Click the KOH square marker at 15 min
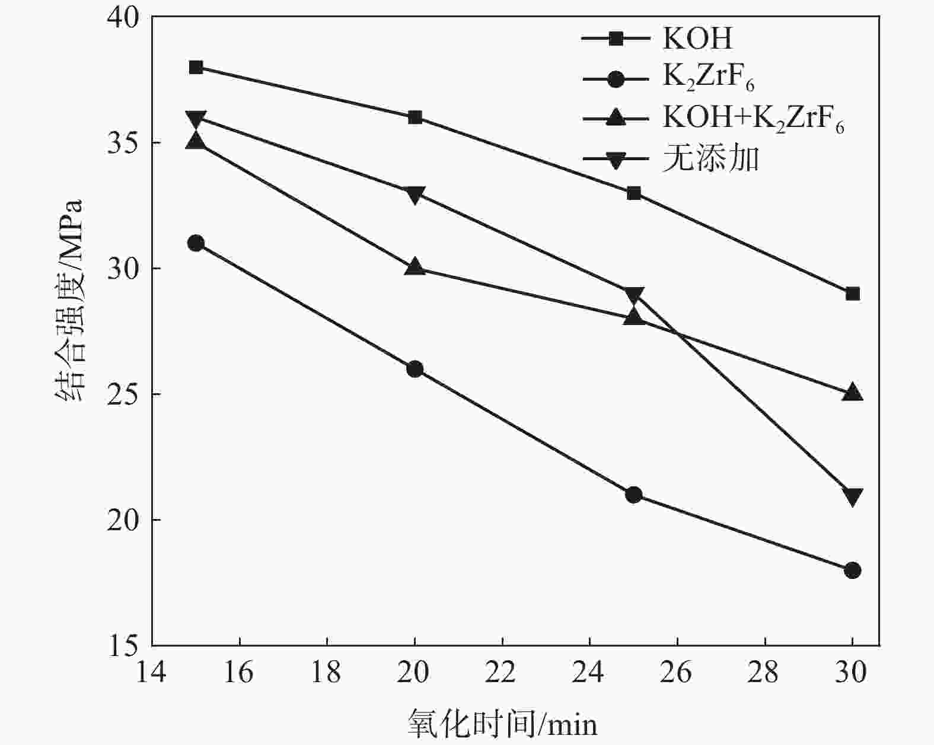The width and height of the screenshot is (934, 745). click(x=196, y=67)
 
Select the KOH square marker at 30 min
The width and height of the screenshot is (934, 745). click(x=853, y=294)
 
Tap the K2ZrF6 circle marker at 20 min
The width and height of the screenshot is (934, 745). click(x=415, y=369)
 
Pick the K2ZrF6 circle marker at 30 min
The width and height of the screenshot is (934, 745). click(x=853, y=570)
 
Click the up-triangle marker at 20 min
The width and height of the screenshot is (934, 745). click(x=415, y=267)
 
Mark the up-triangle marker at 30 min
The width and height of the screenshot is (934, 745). click(x=853, y=393)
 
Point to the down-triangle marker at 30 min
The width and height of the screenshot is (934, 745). click(x=853, y=496)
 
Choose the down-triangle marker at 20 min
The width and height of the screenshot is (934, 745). click(x=415, y=195)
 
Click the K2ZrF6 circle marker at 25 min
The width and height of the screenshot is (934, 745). click(x=634, y=495)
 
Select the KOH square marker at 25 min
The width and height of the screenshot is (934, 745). click(x=634, y=193)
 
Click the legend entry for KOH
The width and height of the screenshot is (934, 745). click(x=697, y=39)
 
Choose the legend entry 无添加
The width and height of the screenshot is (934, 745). click(x=710, y=159)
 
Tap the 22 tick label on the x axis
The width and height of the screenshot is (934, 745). click(x=502, y=673)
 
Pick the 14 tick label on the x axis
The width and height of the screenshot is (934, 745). click(x=152, y=673)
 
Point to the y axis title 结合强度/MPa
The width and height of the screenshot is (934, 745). click(x=69, y=301)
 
